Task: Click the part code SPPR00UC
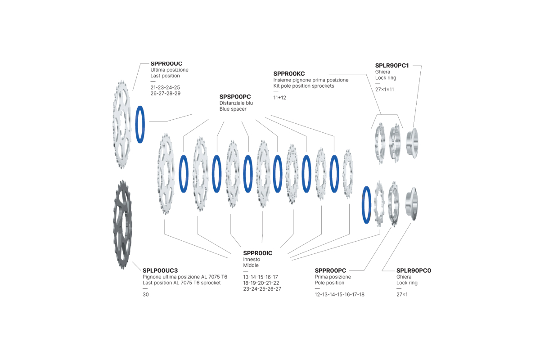point(166,63)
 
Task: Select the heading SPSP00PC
point(235,97)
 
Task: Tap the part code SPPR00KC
point(289,73)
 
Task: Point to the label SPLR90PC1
point(392,65)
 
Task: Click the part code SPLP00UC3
point(160,270)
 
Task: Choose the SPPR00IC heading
point(258,253)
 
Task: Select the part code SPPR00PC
point(330,270)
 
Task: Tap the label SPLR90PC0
point(414,270)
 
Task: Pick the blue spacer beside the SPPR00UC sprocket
point(136,124)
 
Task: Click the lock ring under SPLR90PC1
point(412,143)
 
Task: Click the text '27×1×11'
point(384,90)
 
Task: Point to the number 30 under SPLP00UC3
point(146,294)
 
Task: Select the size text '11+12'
point(279,98)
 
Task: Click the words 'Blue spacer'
point(233,109)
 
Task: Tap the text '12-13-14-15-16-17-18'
point(339,294)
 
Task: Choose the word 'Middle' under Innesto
point(251,265)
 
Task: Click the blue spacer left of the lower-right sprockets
point(362,205)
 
